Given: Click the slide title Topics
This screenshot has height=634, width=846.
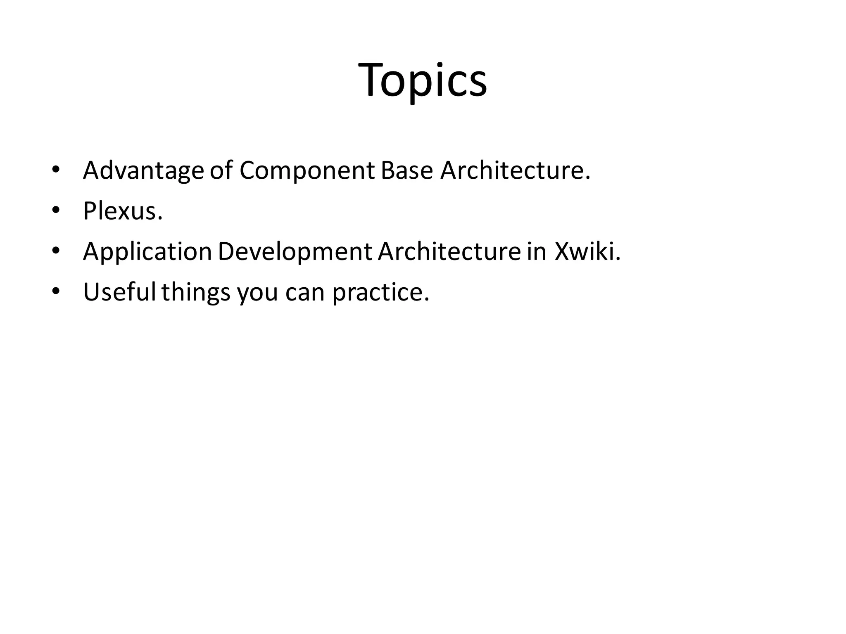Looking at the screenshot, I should click(423, 80).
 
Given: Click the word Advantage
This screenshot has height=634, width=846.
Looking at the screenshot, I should click(143, 170).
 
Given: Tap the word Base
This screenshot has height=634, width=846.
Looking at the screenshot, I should click(406, 170).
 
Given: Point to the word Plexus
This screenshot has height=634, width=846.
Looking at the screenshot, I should click(123, 211).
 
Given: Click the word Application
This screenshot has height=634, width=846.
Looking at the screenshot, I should click(147, 251).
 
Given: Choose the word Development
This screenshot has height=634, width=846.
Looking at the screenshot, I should click(295, 251).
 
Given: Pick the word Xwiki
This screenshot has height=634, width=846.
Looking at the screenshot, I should click(587, 251).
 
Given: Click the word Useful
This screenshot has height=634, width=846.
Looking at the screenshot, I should click(119, 292).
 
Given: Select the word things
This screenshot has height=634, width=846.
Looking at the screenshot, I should click(195, 292).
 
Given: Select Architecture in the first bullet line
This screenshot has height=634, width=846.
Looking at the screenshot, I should click(515, 170).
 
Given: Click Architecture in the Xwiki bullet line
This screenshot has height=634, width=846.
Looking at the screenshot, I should click(449, 251).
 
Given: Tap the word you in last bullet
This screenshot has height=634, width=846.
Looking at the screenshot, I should click(257, 292).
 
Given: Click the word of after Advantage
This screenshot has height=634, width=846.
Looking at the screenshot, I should click(221, 170).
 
